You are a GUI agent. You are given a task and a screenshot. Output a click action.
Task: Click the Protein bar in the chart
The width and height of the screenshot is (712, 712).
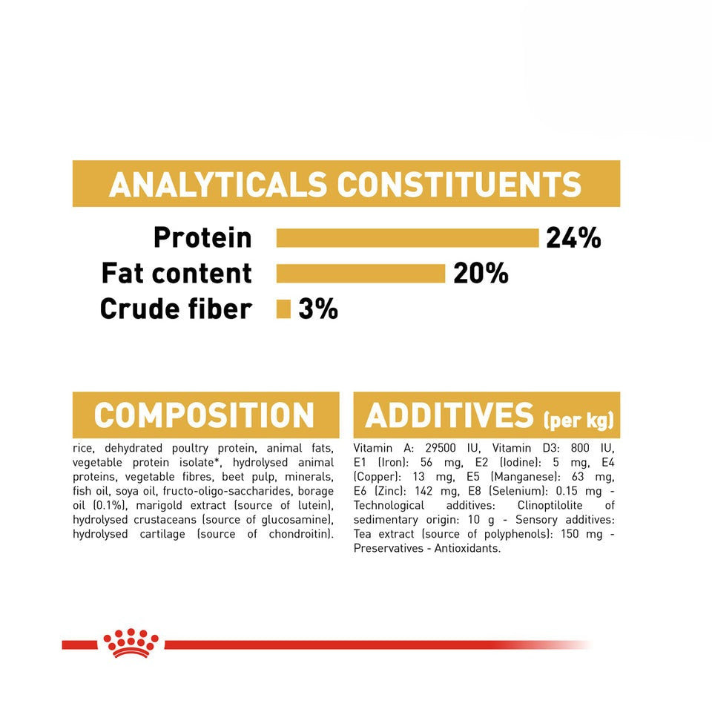(407, 238)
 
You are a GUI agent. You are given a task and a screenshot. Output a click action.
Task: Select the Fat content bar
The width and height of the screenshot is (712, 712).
(360, 274)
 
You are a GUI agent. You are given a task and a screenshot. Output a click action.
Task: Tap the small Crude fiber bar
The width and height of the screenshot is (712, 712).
(283, 309)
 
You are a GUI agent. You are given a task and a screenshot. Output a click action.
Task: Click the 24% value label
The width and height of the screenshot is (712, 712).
(573, 238)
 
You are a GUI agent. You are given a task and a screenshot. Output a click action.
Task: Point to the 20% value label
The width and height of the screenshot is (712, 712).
(481, 274)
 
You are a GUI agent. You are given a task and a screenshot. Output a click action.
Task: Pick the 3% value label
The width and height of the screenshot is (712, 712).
(318, 309)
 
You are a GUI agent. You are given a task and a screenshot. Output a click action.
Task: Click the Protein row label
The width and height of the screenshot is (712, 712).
(202, 237)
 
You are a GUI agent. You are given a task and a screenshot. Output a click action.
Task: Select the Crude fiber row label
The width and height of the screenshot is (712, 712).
(176, 309)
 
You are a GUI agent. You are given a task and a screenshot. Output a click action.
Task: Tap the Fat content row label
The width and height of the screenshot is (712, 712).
(177, 274)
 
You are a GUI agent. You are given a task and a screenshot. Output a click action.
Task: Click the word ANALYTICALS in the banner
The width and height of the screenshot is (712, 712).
(218, 185)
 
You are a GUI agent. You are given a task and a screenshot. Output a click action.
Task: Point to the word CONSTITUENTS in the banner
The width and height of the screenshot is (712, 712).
(458, 185)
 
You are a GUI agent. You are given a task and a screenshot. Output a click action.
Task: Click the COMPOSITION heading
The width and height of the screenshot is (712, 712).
(204, 415)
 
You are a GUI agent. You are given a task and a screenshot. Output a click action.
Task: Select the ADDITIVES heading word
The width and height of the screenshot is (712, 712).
(449, 415)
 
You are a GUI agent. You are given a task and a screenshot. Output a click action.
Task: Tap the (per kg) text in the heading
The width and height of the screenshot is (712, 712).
(578, 420)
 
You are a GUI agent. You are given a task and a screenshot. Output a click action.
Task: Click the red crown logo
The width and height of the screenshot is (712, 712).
(131, 643)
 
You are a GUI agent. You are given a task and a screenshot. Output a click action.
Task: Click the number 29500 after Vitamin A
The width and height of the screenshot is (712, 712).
(440, 448)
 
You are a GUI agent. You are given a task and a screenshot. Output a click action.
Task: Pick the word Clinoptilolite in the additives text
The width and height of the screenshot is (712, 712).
(550, 505)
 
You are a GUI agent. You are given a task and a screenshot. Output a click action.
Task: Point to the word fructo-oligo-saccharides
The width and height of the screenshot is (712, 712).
(227, 491)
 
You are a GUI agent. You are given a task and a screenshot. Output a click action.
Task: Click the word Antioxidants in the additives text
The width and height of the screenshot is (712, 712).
(467, 548)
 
